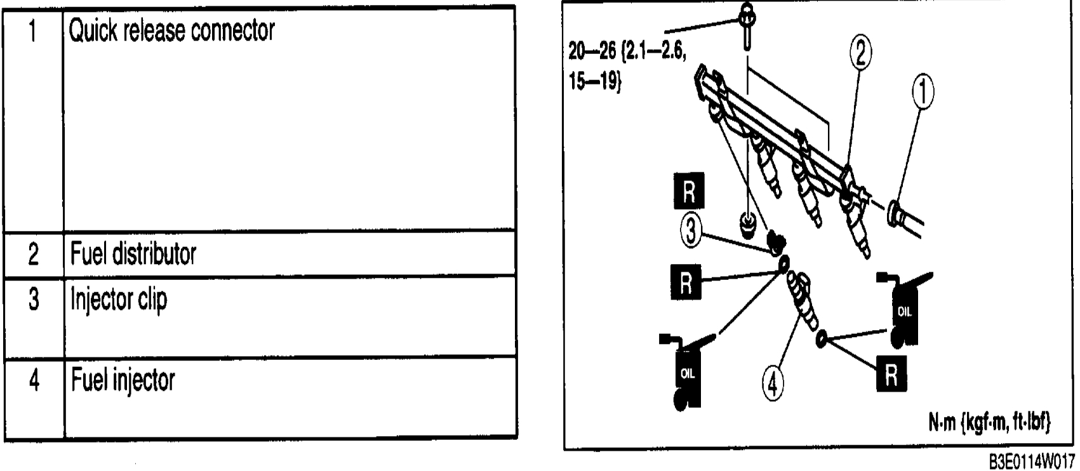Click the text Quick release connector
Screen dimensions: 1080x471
tap(171, 30)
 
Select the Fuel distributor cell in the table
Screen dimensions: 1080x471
tap(133, 254)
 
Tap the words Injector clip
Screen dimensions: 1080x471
tap(119, 299)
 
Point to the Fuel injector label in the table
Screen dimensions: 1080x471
tap(123, 380)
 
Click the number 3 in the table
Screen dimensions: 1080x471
tap(34, 299)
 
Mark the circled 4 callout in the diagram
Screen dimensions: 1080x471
tap(773, 383)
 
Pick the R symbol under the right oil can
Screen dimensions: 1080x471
tap(891, 376)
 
